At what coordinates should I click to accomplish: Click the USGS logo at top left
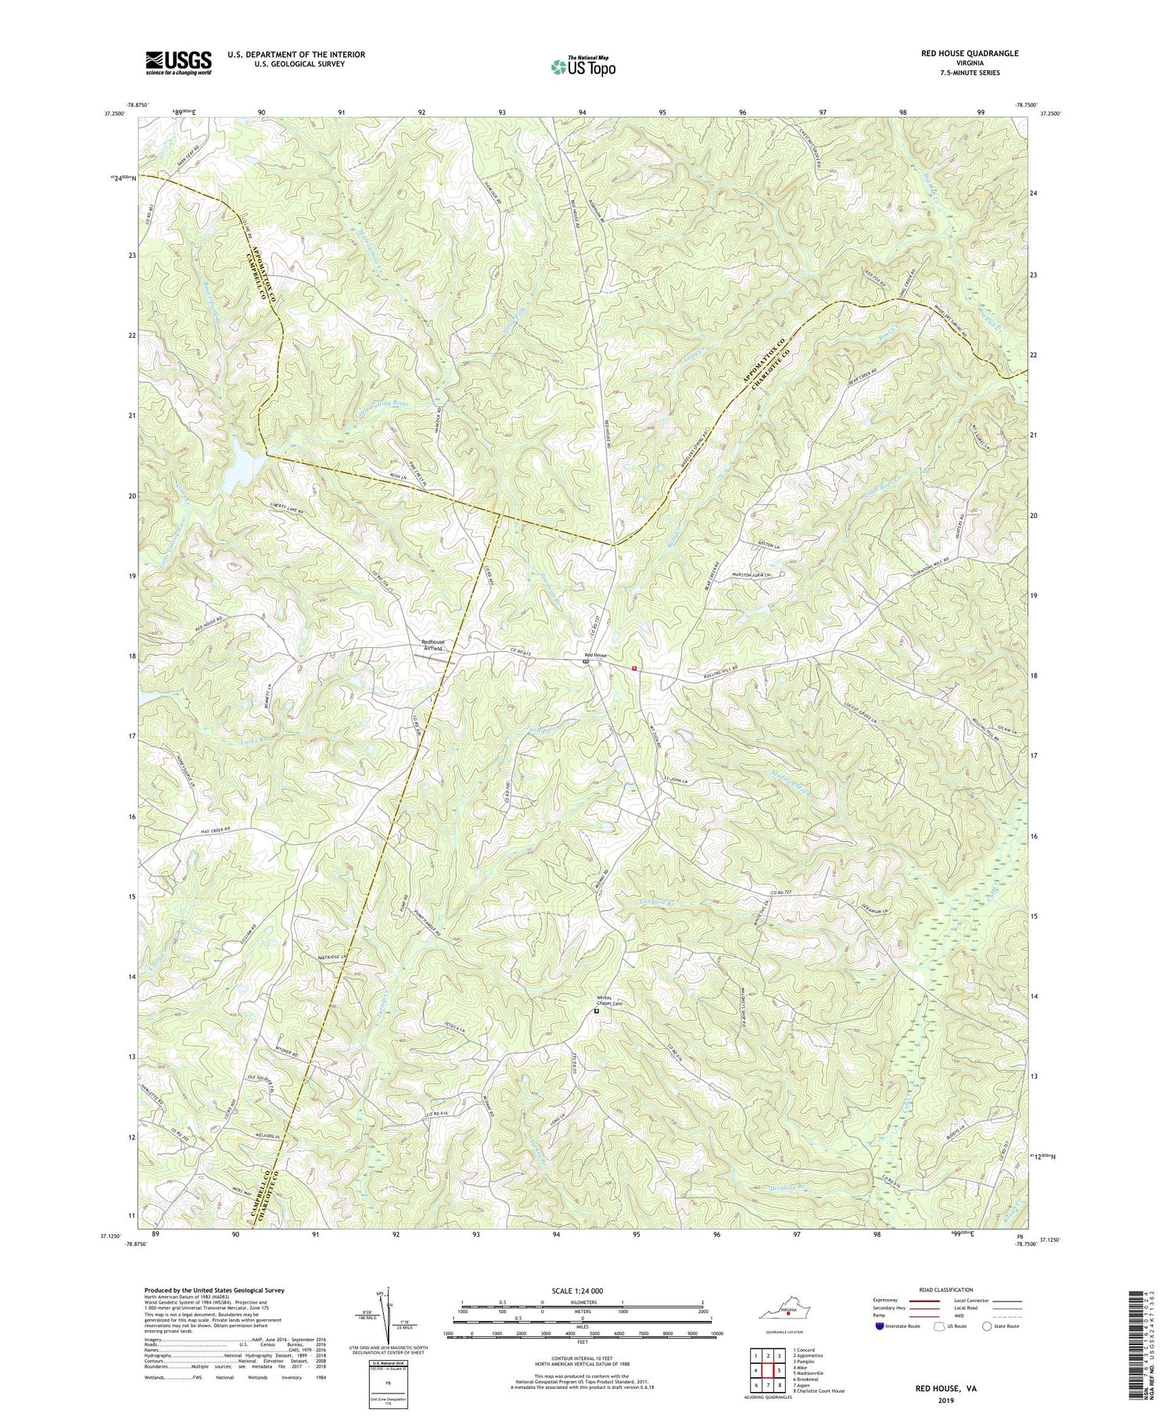[178, 63]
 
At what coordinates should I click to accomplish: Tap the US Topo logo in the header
[583, 66]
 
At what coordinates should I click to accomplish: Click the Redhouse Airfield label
[432, 644]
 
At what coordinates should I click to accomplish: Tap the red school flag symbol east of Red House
[634, 668]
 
